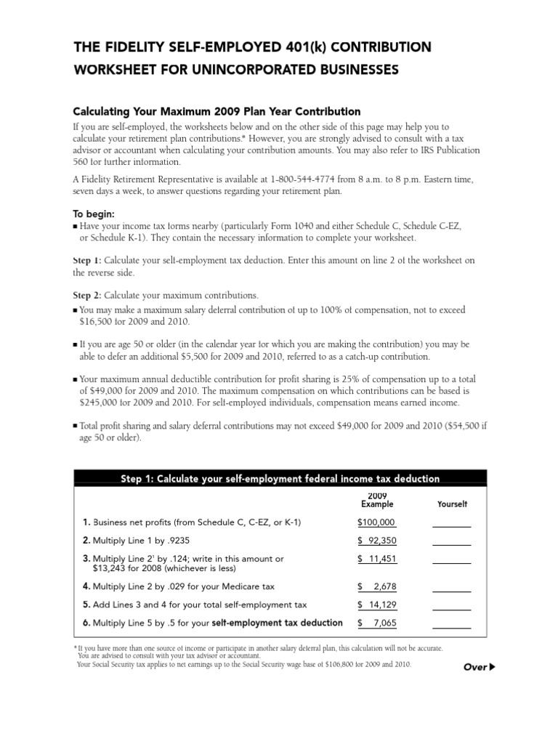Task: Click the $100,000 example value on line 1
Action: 376,522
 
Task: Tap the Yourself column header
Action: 452,504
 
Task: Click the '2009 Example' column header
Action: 377,499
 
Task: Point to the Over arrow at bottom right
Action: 480,667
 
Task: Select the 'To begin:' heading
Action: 94,215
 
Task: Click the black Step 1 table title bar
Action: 280,478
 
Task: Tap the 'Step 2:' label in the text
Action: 87,296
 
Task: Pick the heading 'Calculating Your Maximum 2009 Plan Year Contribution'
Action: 217,112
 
